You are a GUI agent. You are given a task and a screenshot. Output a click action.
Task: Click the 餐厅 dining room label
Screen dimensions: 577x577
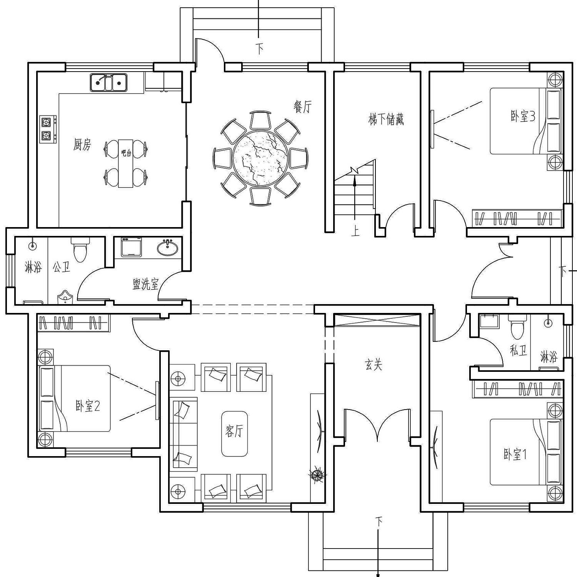pos(302,107)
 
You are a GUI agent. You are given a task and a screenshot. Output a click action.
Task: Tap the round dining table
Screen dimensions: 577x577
pos(260,158)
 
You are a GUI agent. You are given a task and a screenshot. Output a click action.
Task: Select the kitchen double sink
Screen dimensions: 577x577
pos(108,82)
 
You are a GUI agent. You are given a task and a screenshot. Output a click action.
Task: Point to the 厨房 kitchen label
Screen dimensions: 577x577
pos(82,144)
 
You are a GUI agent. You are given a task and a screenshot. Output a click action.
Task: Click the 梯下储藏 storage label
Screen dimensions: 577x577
pos(386,119)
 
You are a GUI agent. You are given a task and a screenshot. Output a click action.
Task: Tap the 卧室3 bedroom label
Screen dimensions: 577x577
pos(523,116)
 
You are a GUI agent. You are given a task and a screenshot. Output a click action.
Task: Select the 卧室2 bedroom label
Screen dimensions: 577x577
pos(88,406)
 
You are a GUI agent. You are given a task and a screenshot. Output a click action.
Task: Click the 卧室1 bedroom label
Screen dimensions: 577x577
pos(515,455)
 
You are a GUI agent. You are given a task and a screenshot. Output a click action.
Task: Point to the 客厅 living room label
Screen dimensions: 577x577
pos(234,431)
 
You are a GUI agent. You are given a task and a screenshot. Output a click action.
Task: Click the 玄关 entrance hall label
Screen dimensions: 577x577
pos(374,365)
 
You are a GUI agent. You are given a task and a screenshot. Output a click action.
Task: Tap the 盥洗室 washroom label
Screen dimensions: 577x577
pos(145,284)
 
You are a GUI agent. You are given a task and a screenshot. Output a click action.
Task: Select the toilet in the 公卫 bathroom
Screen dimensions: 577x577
pos(80,249)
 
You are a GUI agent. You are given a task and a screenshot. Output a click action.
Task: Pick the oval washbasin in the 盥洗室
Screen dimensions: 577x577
pos(168,248)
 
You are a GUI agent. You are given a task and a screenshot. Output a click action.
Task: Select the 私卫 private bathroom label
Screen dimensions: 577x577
pos(518,350)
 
